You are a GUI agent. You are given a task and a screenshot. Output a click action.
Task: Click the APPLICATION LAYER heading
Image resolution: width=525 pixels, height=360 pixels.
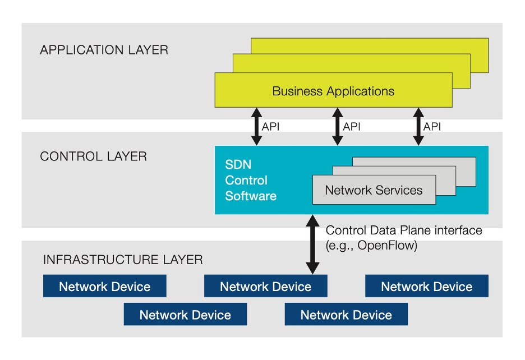[104, 50]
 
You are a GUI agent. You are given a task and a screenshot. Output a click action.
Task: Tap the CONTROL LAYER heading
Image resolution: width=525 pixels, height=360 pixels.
[93, 156]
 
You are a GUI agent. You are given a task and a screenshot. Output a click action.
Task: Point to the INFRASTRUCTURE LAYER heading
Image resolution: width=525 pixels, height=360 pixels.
[123, 260]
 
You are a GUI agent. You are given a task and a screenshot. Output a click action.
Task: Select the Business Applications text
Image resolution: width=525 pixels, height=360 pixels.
[333, 91]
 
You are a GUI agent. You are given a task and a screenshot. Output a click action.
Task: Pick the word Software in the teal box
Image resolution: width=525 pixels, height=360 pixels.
[251, 196]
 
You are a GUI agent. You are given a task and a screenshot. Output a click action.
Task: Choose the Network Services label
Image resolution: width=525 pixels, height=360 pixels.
[374, 190]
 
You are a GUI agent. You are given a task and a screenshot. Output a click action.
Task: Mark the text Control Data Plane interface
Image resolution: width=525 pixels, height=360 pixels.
[404, 230]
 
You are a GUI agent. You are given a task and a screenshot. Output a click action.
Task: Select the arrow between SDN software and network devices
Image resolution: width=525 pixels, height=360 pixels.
[312, 245]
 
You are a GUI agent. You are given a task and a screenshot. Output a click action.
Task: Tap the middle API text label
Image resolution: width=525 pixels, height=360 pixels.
[352, 127]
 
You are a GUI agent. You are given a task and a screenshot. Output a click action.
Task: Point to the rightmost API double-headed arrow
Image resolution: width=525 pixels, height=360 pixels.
[418, 126]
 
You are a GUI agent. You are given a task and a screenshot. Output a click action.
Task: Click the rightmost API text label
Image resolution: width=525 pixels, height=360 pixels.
[432, 127]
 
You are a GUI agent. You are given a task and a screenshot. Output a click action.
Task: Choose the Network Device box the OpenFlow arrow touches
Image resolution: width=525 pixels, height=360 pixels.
[265, 287]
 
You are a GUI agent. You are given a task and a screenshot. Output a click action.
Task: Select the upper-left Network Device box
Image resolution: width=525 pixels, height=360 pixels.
[105, 287]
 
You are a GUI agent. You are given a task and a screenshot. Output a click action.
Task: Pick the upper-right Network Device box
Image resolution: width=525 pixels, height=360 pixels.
[427, 287]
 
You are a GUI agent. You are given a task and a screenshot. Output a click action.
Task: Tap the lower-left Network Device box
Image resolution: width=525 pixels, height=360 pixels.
[185, 315]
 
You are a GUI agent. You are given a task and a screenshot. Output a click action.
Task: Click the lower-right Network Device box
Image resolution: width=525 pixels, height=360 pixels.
[346, 315]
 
